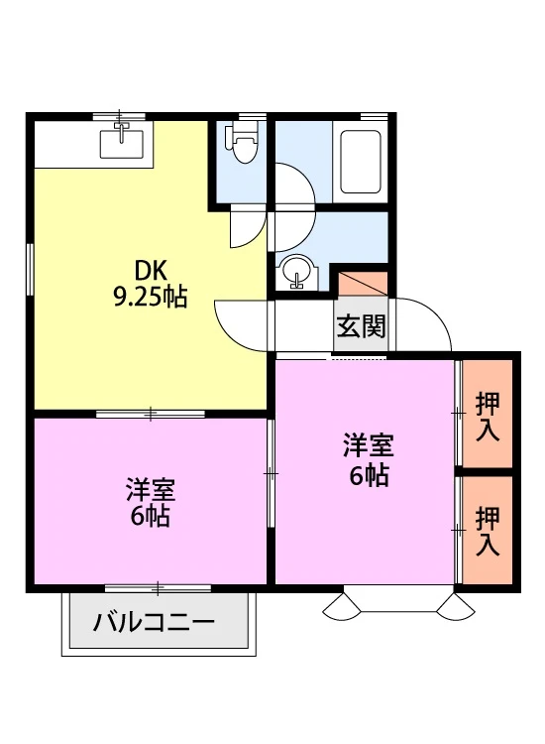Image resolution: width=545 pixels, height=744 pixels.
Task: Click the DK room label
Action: click(x=150, y=272)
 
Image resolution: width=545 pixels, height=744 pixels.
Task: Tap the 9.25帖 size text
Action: click(x=150, y=298)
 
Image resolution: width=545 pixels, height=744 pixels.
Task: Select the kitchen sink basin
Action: click(x=121, y=144)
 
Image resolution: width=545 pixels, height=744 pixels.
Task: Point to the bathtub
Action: click(x=361, y=163)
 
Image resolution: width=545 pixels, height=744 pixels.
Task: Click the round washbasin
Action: click(x=296, y=272)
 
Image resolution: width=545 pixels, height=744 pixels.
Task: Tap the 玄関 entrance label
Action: click(x=361, y=326)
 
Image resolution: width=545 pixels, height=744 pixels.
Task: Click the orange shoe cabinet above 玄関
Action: click(x=363, y=285)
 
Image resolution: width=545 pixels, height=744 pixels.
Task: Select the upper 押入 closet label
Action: click(x=488, y=417)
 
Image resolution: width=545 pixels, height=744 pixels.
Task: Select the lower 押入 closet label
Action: click(x=488, y=531)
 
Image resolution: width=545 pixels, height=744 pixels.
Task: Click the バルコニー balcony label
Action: click(x=154, y=622)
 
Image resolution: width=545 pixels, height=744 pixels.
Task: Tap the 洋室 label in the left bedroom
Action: click(x=150, y=490)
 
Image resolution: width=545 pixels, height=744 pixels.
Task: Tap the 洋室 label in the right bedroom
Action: click(x=369, y=445)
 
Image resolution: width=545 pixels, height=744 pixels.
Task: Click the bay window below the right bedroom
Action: click(x=398, y=601)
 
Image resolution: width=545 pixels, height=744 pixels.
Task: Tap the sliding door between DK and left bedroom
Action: click(x=151, y=414)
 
